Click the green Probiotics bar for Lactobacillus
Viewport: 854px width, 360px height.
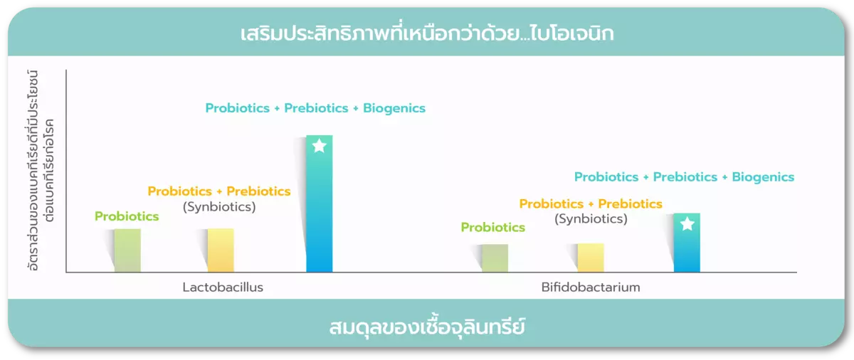(x=127, y=250)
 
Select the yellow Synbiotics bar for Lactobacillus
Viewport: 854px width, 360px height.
(x=221, y=250)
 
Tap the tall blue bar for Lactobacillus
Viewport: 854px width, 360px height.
(x=320, y=203)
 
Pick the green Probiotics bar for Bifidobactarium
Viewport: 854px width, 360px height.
(x=495, y=258)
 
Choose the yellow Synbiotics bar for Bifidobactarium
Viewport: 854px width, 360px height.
(x=591, y=258)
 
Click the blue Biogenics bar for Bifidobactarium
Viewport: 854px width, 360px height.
(x=687, y=243)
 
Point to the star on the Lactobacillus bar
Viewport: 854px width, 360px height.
(x=320, y=146)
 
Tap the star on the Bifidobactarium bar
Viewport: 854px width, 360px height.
(x=687, y=224)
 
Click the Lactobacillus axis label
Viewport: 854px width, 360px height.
(x=223, y=287)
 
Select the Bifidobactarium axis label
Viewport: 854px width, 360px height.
(x=591, y=287)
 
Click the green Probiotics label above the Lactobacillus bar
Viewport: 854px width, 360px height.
(x=127, y=216)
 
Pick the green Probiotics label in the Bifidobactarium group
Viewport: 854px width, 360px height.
(x=492, y=228)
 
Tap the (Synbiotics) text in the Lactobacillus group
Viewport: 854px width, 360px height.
(x=219, y=207)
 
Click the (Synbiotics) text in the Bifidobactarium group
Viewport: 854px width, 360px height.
(x=591, y=219)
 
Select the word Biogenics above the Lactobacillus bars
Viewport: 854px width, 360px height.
(x=394, y=108)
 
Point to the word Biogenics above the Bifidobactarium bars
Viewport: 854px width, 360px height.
(x=763, y=177)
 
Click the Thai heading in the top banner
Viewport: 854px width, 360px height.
(x=427, y=33)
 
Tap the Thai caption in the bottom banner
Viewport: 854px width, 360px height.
(x=427, y=327)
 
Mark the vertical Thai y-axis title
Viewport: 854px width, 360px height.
(x=41, y=170)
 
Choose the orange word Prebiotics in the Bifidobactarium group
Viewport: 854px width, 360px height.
(x=630, y=203)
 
